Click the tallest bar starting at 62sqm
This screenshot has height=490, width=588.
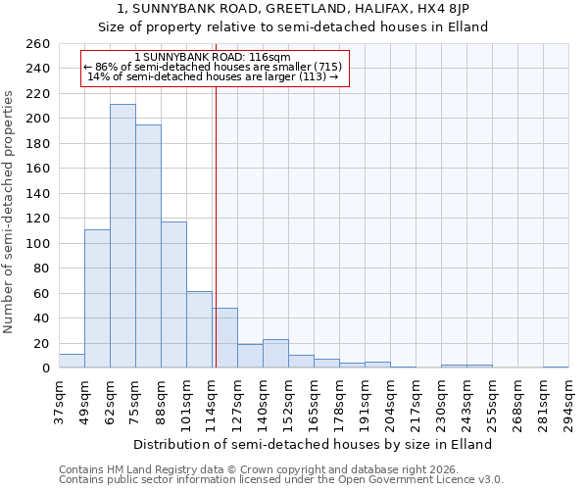point(122,236)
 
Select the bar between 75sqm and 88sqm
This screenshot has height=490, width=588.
point(148,246)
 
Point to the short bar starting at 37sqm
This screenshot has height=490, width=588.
point(72,362)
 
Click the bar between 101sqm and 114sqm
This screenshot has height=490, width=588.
point(199,329)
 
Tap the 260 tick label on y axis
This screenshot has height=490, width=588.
point(38,44)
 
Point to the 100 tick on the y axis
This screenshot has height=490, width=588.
point(38,243)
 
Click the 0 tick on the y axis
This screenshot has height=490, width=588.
point(45,368)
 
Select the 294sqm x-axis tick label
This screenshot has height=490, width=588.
point(569,402)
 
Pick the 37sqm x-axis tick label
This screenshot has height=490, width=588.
point(60,402)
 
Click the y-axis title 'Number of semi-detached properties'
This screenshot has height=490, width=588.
point(10,212)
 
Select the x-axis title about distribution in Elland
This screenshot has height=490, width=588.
point(314,444)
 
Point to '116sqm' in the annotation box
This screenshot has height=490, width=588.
point(270,58)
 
